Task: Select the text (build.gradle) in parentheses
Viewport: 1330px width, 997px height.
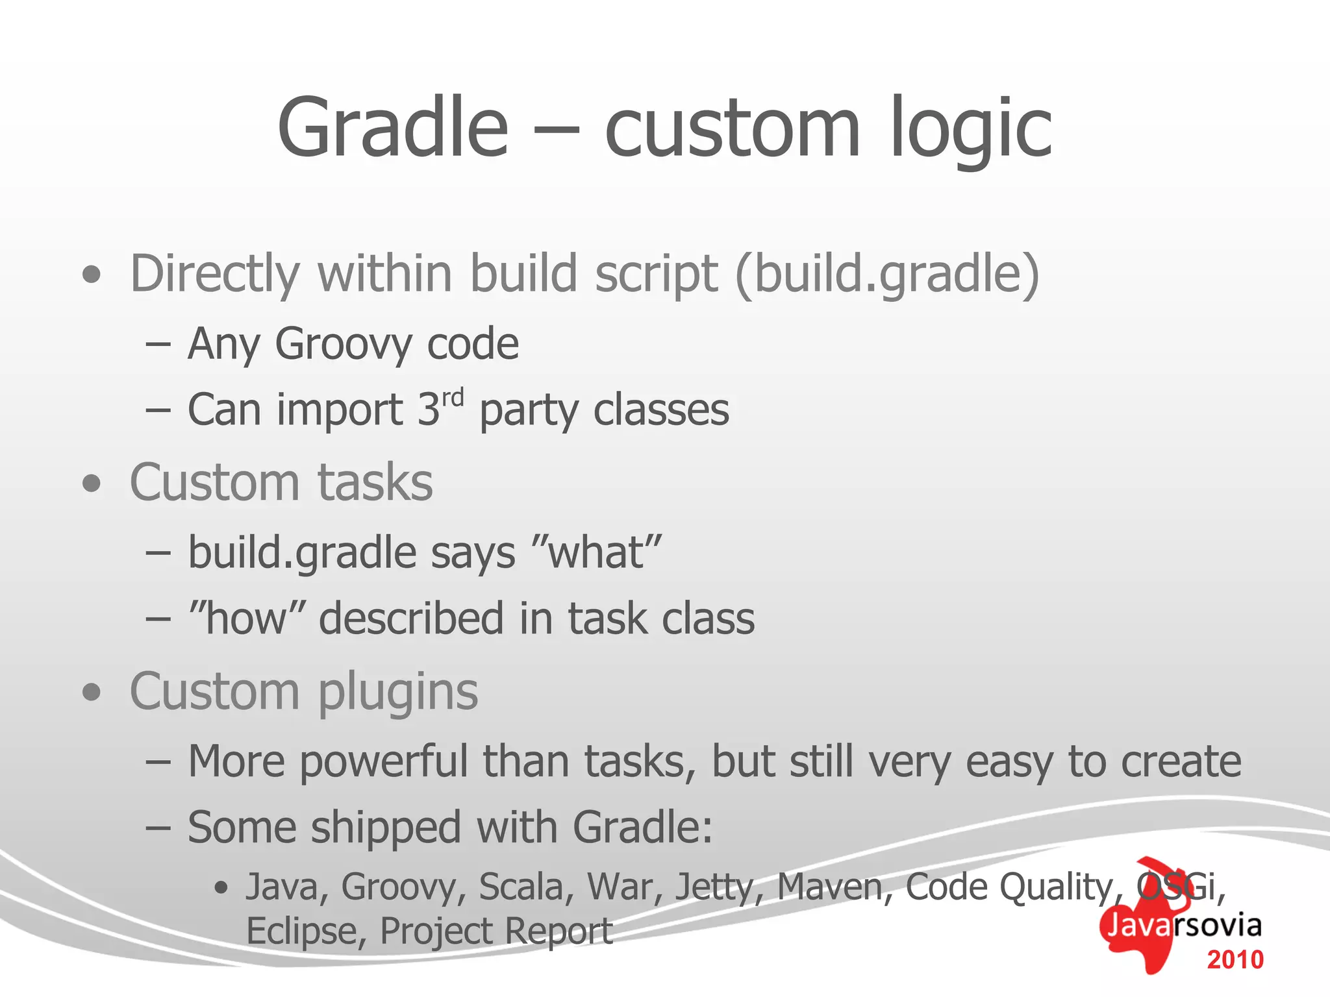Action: (x=887, y=274)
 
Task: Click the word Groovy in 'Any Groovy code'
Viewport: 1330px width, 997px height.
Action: (x=342, y=344)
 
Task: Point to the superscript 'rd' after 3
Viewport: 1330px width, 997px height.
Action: (x=453, y=397)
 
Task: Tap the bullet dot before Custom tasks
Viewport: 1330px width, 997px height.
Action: (x=92, y=484)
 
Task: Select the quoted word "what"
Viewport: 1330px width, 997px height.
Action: (x=596, y=553)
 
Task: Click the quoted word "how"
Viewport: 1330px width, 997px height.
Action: (x=247, y=618)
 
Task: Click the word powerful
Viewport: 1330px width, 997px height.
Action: (x=383, y=761)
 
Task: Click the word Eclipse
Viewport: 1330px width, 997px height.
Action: (x=300, y=931)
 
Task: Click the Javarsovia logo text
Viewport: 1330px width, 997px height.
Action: (x=1183, y=925)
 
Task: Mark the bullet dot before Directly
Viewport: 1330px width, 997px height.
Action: (x=92, y=275)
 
